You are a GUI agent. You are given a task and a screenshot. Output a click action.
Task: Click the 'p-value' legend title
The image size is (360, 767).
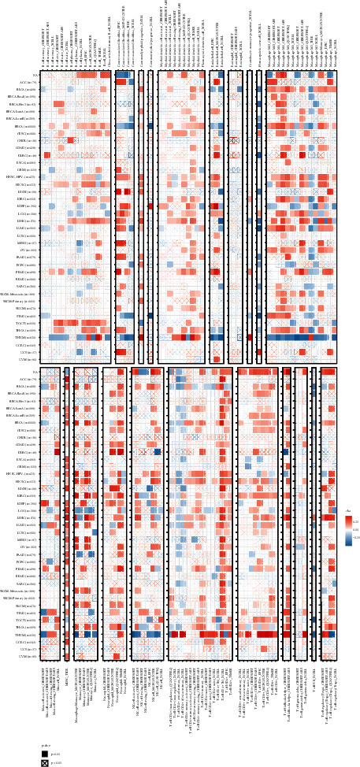tap(46, 745)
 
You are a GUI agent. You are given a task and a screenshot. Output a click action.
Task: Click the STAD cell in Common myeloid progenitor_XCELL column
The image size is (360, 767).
tap(151, 315)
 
